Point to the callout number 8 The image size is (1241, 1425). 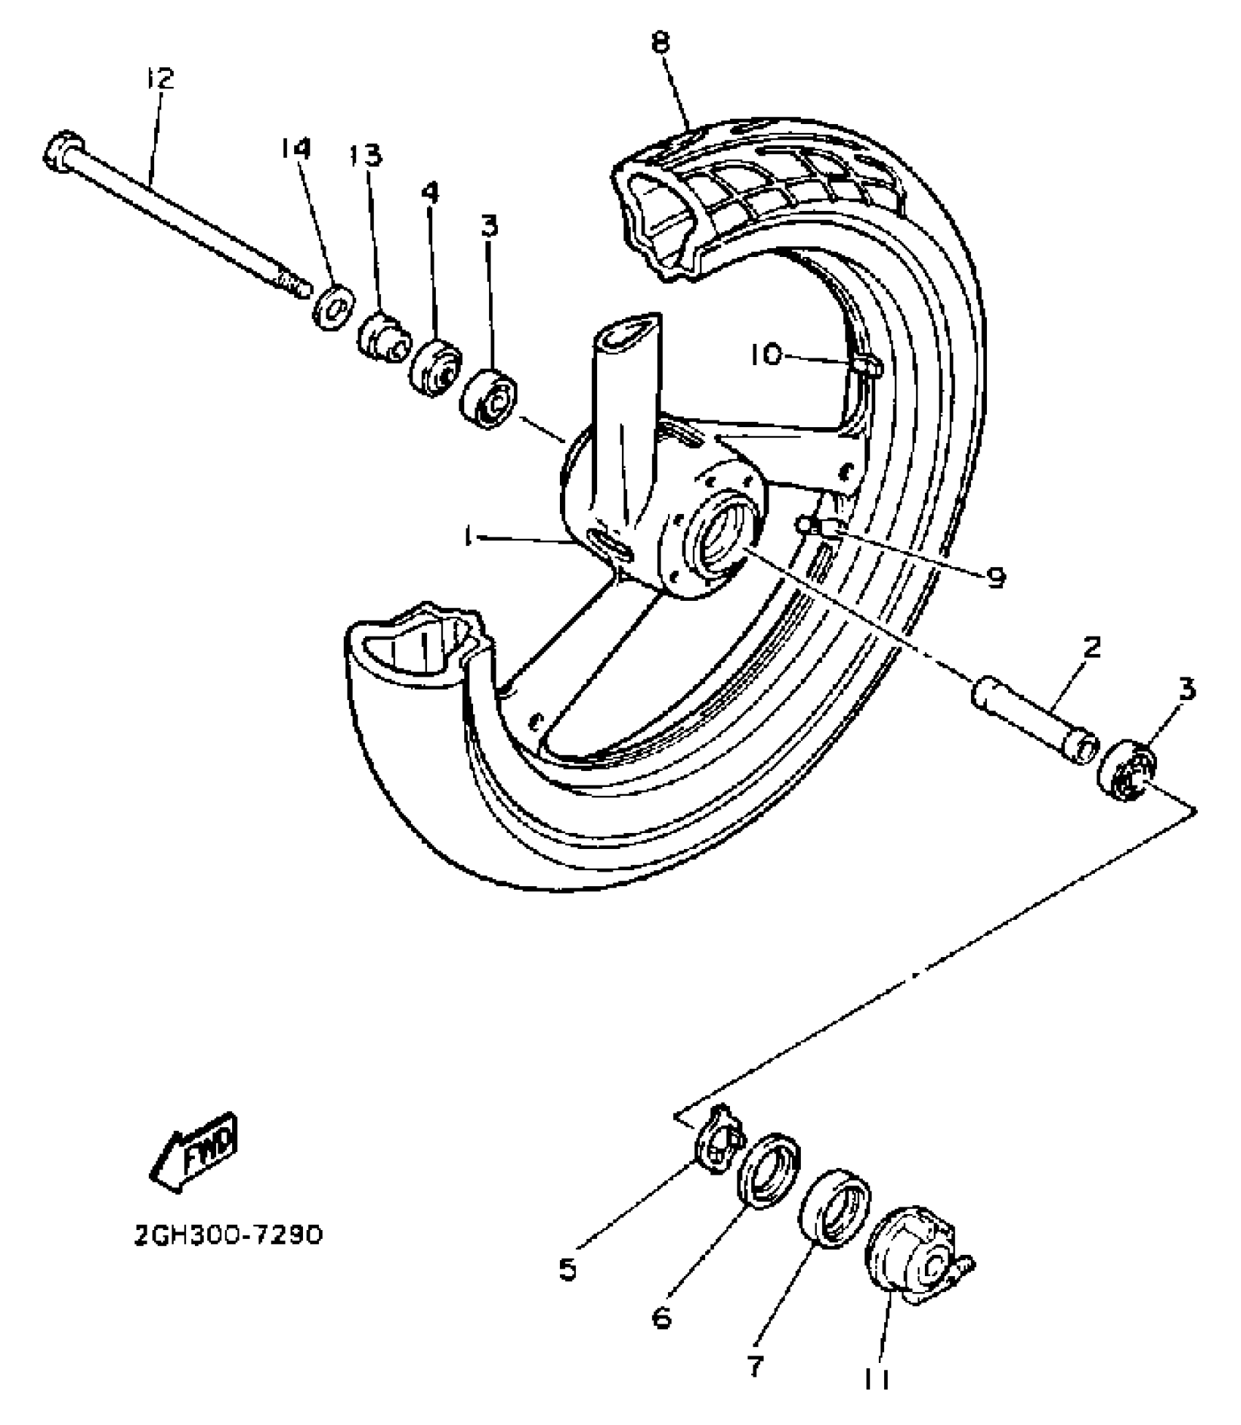click(660, 42)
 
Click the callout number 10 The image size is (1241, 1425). click(766, 355)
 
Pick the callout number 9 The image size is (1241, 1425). click(996, 577)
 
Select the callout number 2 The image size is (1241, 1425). click(1091, 648)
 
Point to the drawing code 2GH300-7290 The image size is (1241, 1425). click(228, 1236)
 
